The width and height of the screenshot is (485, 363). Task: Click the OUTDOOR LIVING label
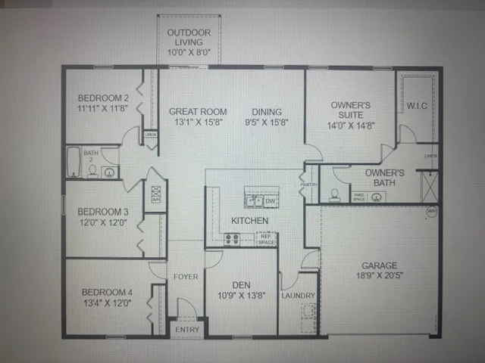coord(189,38)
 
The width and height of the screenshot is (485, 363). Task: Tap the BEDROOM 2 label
coord(104,98)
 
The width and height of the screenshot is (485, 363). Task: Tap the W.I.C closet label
coord(417,106)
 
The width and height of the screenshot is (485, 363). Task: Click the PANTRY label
coord(308,184)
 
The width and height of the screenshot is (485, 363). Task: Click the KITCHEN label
coord(249,220)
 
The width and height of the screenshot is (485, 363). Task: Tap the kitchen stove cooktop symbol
coord(232,238)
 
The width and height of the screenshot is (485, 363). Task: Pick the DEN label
coord(241,285)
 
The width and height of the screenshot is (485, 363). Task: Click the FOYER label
coord(186,277)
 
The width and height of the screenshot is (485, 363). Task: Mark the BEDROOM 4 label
coord(106,292)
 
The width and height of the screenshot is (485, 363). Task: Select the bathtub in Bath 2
coord(74,162)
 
